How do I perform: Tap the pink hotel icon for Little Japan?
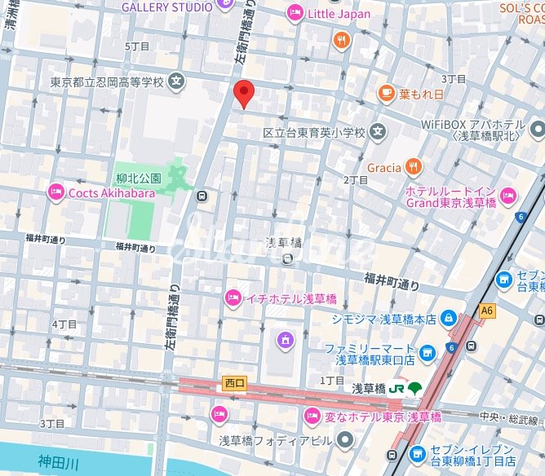294,13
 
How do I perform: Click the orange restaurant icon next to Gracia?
414,168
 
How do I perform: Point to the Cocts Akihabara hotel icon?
56,192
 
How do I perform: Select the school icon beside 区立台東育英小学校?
377,131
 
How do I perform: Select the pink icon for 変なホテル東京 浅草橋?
311,416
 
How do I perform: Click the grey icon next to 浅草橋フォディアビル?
346,440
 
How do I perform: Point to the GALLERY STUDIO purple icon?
226,7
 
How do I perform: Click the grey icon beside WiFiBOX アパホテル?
535,129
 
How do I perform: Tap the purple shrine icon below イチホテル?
285,338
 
